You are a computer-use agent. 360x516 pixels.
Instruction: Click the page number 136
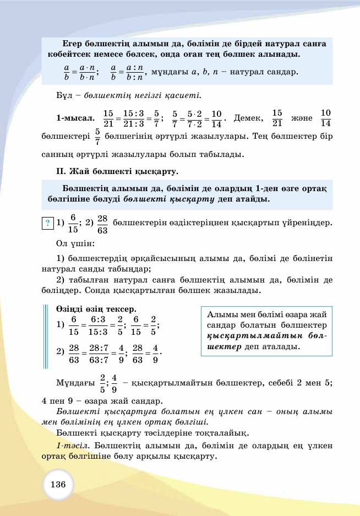pyautogui.click(x=58, y=485)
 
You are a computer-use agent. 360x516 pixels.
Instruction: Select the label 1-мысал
pyautogui.click(x=74, y=118)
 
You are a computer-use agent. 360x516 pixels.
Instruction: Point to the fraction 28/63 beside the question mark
pyautogui.click(x=102, y=224)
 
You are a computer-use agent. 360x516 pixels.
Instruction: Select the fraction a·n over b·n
pyautogui.click(x=87, y=72)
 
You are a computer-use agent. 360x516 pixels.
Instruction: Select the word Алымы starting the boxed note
pyautogui.click(x=220, y=314)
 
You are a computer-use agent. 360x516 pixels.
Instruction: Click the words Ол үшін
pyautogui.click(x=75, y=243)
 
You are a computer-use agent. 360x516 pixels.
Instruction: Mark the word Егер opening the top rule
pyautogui.click(x=72, y=44)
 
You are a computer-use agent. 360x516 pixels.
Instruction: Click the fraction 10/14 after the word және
pyautogui.click(x=325, y=118)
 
